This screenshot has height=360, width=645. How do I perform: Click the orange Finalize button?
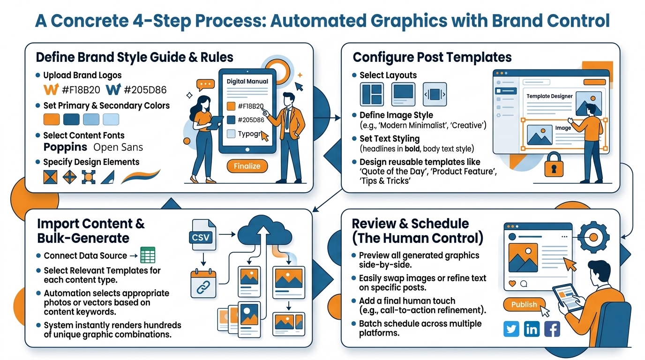[x=247, y=166]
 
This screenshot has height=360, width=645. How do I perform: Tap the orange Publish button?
[x=524, y=304]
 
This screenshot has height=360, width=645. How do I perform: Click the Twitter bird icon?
[x=511, y=329]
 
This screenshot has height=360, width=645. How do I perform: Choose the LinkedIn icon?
[x=532, y=329]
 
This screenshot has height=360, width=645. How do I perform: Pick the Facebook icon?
[x=552, y=329]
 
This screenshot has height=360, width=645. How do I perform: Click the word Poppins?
[x=65, y=147]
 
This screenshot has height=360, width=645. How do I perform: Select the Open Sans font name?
[x=118, y=147]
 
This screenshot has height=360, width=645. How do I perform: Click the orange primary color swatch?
[x=52, y=119]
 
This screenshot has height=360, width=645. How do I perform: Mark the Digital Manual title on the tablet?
[x=247, y=81]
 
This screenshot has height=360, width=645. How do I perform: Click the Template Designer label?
[x=549, y=96]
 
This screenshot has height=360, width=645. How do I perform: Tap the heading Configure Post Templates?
[x=432, y=57]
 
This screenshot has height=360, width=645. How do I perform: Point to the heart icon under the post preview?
[x=512, y=284]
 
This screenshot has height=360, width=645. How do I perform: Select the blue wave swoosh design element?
[x=140, y=177]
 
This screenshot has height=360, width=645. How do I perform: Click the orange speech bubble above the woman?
[x=205, y=85]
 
